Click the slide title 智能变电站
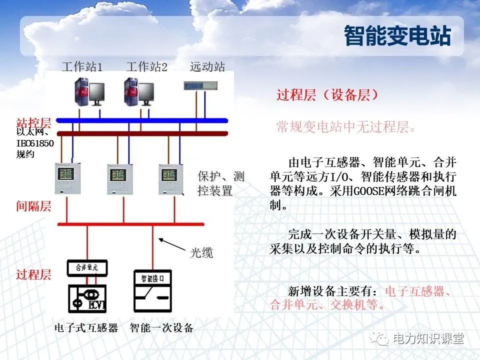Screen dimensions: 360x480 point(397,36)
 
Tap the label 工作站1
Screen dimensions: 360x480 point(82,66)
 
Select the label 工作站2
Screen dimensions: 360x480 point(146,66)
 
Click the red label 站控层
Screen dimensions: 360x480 point(33,122)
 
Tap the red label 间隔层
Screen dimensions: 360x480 point(33,206)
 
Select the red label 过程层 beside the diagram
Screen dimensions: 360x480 point(33,274)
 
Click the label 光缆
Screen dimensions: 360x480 point(201,253)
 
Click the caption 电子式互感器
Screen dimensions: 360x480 point(86,328)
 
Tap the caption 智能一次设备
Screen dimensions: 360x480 point(161,328)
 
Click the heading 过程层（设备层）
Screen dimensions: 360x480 point(327,95)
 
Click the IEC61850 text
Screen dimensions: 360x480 point(35,144)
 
